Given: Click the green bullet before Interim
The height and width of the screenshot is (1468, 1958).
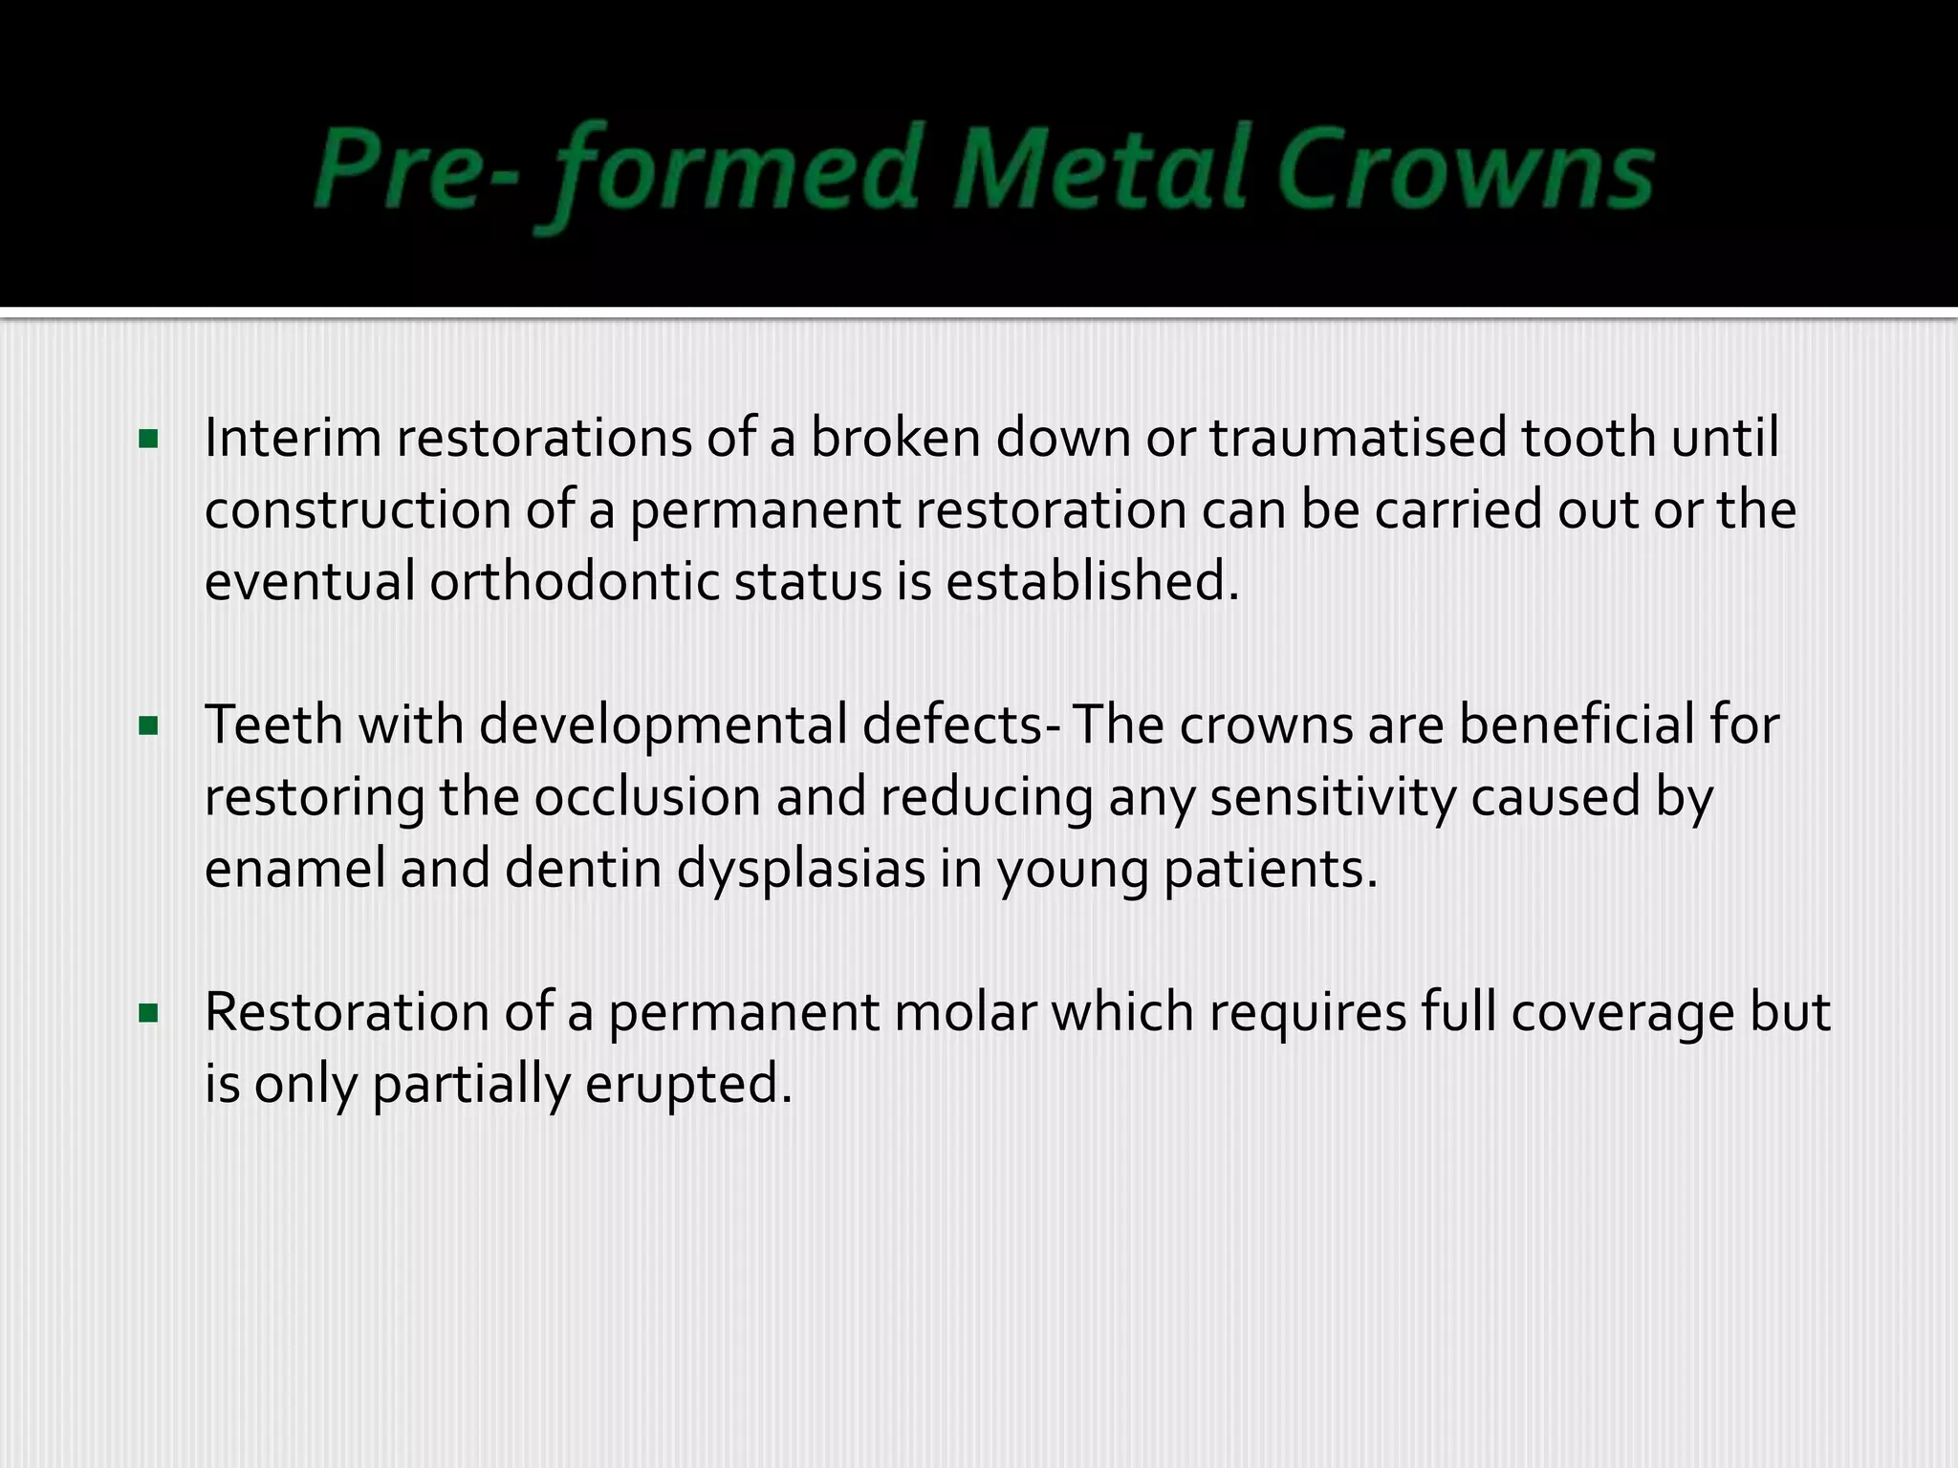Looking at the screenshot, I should coord(148,440).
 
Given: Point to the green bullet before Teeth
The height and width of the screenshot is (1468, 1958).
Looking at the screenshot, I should coord(148,726).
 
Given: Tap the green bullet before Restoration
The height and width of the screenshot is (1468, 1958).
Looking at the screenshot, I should coord(148,1013).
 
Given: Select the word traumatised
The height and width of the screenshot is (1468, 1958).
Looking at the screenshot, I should coord(1359,440).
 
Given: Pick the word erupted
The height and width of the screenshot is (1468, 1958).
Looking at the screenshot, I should coord(688,1085).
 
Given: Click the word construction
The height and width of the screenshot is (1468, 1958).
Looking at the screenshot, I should coord(358,510).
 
